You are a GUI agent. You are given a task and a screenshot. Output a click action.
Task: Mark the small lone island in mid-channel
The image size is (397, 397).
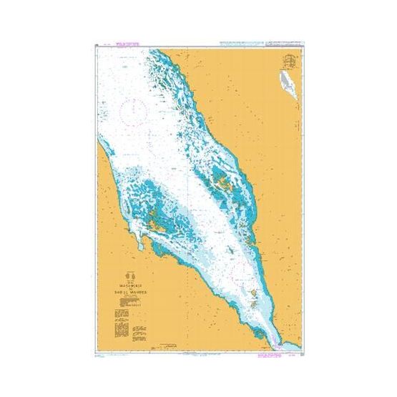pos(228,251)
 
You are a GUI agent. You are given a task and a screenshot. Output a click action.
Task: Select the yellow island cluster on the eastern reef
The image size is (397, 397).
pos(226,182)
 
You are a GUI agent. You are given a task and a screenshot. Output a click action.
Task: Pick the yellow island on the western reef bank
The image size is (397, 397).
pos(153,227)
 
